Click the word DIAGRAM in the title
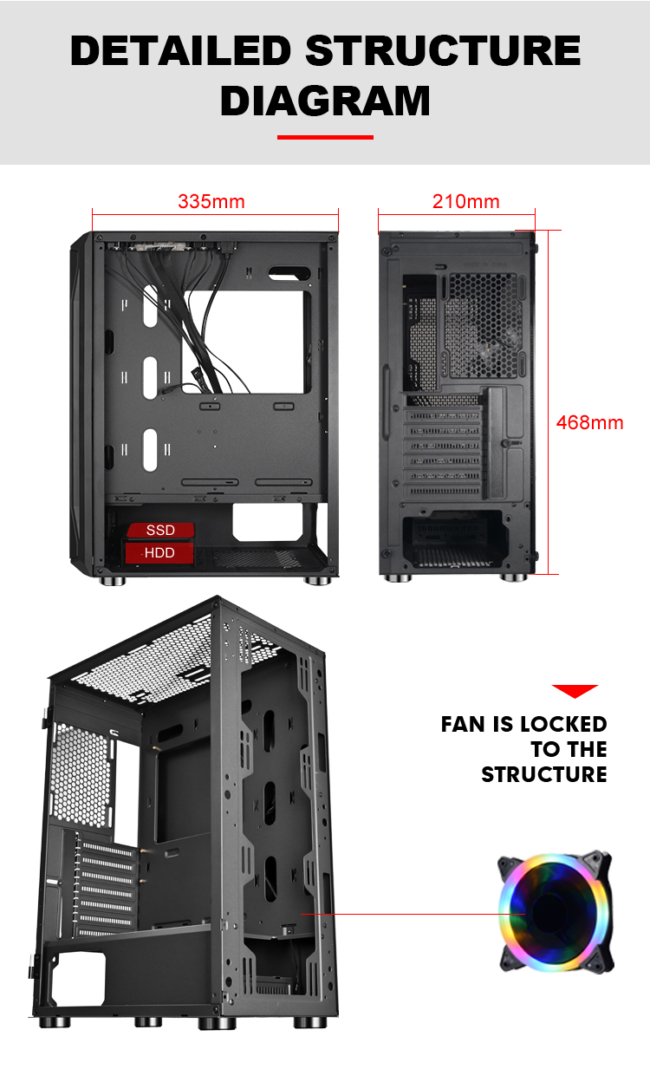[325, 101]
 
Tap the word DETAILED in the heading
[181, 50]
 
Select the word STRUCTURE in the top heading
[443, 50]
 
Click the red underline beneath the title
[325, 138]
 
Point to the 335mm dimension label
[211, 201]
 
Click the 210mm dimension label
[466, 201]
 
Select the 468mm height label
[590, 422]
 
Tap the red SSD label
[160, 531]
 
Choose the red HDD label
[159, 552]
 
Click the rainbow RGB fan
[556, 912]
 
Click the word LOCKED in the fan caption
[563, 724]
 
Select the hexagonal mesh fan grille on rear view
[483, 325]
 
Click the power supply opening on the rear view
[452, 539]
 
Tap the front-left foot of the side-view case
[112, 581]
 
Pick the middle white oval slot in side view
[150, 377]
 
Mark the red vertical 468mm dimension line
[549, 402]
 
